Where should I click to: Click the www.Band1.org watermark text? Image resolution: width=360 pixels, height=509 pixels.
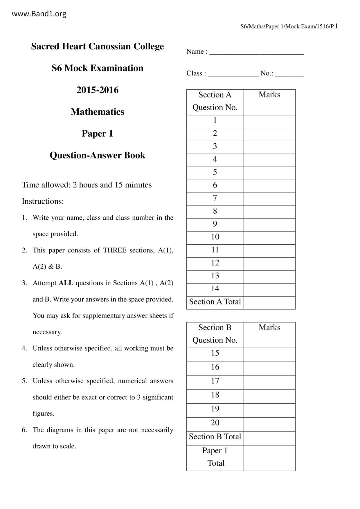(39, 14)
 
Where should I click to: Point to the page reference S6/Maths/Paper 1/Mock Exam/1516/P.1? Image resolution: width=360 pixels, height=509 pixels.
(289, 27)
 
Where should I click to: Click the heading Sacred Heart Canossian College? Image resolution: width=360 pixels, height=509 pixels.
(97, 46)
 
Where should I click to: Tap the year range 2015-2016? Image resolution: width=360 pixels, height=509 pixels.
(98, 90)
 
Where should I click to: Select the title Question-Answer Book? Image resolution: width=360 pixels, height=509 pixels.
(97, 155)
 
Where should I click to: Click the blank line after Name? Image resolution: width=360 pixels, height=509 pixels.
(257, 52)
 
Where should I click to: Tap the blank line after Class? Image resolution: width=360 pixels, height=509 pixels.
(233, 74)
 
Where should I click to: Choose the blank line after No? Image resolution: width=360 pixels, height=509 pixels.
(289, 74)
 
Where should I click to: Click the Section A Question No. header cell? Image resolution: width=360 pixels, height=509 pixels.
(215, 101)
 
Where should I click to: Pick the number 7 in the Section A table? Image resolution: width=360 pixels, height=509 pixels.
(215, 198)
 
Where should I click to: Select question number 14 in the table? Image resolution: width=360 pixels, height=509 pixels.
(215, 288)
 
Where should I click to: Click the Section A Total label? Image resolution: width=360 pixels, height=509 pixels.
(215, 302)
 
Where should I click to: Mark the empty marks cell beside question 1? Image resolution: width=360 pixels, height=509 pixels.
(269, 121)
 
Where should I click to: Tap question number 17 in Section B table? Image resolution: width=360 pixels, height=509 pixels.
(215, 381)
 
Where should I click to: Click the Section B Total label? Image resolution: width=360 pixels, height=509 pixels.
(215, 437)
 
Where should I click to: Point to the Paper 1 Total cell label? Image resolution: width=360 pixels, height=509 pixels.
(215, 457)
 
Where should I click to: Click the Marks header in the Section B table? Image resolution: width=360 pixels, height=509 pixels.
(269, 328)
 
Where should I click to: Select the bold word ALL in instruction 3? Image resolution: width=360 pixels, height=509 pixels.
(66, 283)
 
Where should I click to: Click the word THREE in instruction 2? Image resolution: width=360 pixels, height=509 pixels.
(115, 250)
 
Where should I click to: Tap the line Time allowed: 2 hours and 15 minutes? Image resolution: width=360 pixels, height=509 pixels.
(87, 185)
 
